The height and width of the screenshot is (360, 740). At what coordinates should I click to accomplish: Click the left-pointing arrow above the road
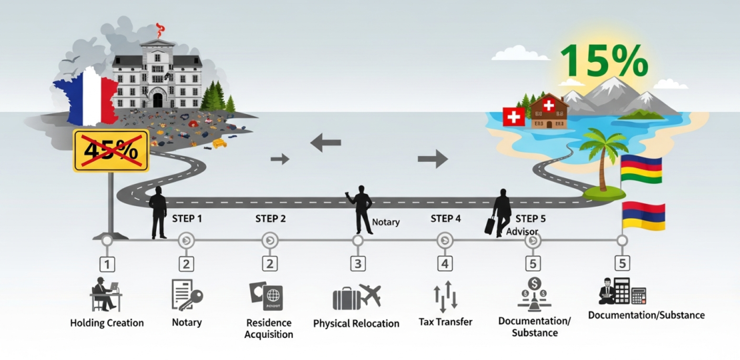pyautogui.click(x=326, y=142)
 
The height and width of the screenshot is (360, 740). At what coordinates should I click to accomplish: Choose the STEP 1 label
pyautogui.click(x=188, y=219)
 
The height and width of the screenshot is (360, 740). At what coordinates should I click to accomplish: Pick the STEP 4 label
pyautogui.click(x=445, y=219)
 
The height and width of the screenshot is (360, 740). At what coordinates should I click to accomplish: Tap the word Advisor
pyautogui.click(x=522, y=231)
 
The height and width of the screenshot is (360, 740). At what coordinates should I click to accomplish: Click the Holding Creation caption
pyautogui.click(x=107, y=323)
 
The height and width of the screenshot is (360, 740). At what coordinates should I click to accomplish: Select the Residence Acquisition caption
pyautogui.click(x=269, y=328)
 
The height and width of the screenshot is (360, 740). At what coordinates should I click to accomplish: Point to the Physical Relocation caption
pyautogui.click(x=356, y=323)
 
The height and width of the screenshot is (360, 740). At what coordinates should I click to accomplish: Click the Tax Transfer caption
pyautogui.click(x=445, y=322)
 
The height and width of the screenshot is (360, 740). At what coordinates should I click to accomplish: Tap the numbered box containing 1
pyautogui.click(x=107, y=264)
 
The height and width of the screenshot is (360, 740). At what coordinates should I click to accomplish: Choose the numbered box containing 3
pyautogui.click(x=358, y=264)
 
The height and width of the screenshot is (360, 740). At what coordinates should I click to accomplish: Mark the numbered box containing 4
pyautogui.click(x=445, y=264)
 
